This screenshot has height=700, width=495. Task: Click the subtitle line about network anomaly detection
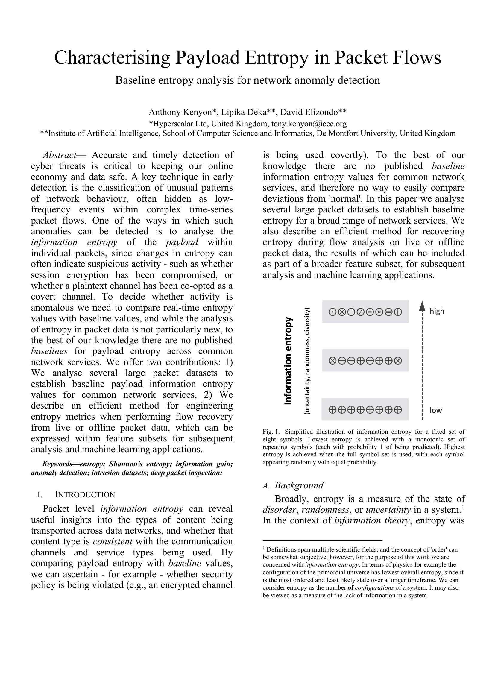[247, 81]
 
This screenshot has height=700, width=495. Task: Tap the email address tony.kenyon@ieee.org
[309, 124]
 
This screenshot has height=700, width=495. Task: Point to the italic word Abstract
[59, 155]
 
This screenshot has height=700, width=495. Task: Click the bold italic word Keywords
[57, 464]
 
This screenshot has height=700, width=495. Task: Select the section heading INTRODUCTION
[85, 494]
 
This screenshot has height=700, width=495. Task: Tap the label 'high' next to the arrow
[436, 311]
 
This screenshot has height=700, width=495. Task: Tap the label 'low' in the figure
[435, 410]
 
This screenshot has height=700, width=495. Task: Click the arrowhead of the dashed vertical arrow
[422, 305]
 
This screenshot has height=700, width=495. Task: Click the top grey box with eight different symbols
[365, 312]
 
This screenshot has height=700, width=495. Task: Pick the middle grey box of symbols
[365, 361]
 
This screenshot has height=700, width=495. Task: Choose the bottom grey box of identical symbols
[365, 409]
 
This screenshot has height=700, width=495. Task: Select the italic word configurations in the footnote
[374, 587]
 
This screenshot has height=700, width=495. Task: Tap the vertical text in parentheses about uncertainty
[307, 361]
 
